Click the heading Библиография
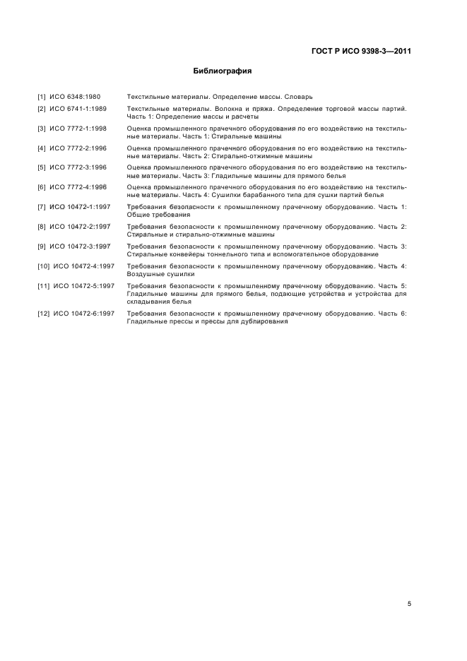point(223,71)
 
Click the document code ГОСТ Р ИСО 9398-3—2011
point(361,52)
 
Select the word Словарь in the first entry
point(309,95)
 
